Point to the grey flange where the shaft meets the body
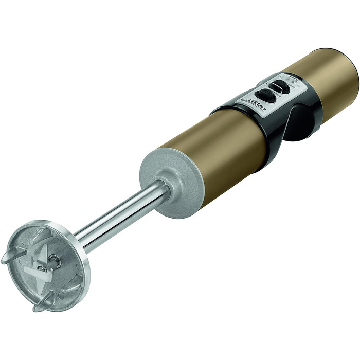click(x=171, y=183)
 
